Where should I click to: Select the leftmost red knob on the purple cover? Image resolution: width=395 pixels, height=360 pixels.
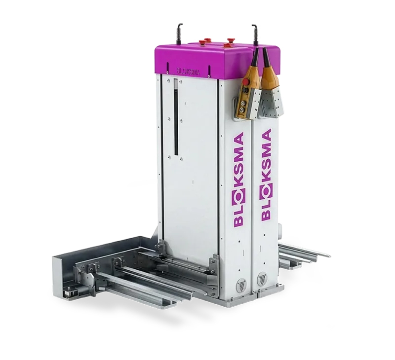tap(202, 41)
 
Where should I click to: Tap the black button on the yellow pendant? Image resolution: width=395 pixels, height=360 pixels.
tap(243, 90)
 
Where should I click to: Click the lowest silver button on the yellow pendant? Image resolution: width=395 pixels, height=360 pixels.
tap(243, 109)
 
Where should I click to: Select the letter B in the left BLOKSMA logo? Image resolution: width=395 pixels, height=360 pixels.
tap(239, 222)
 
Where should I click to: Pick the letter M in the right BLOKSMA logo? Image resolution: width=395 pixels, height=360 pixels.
tap(266, 152)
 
